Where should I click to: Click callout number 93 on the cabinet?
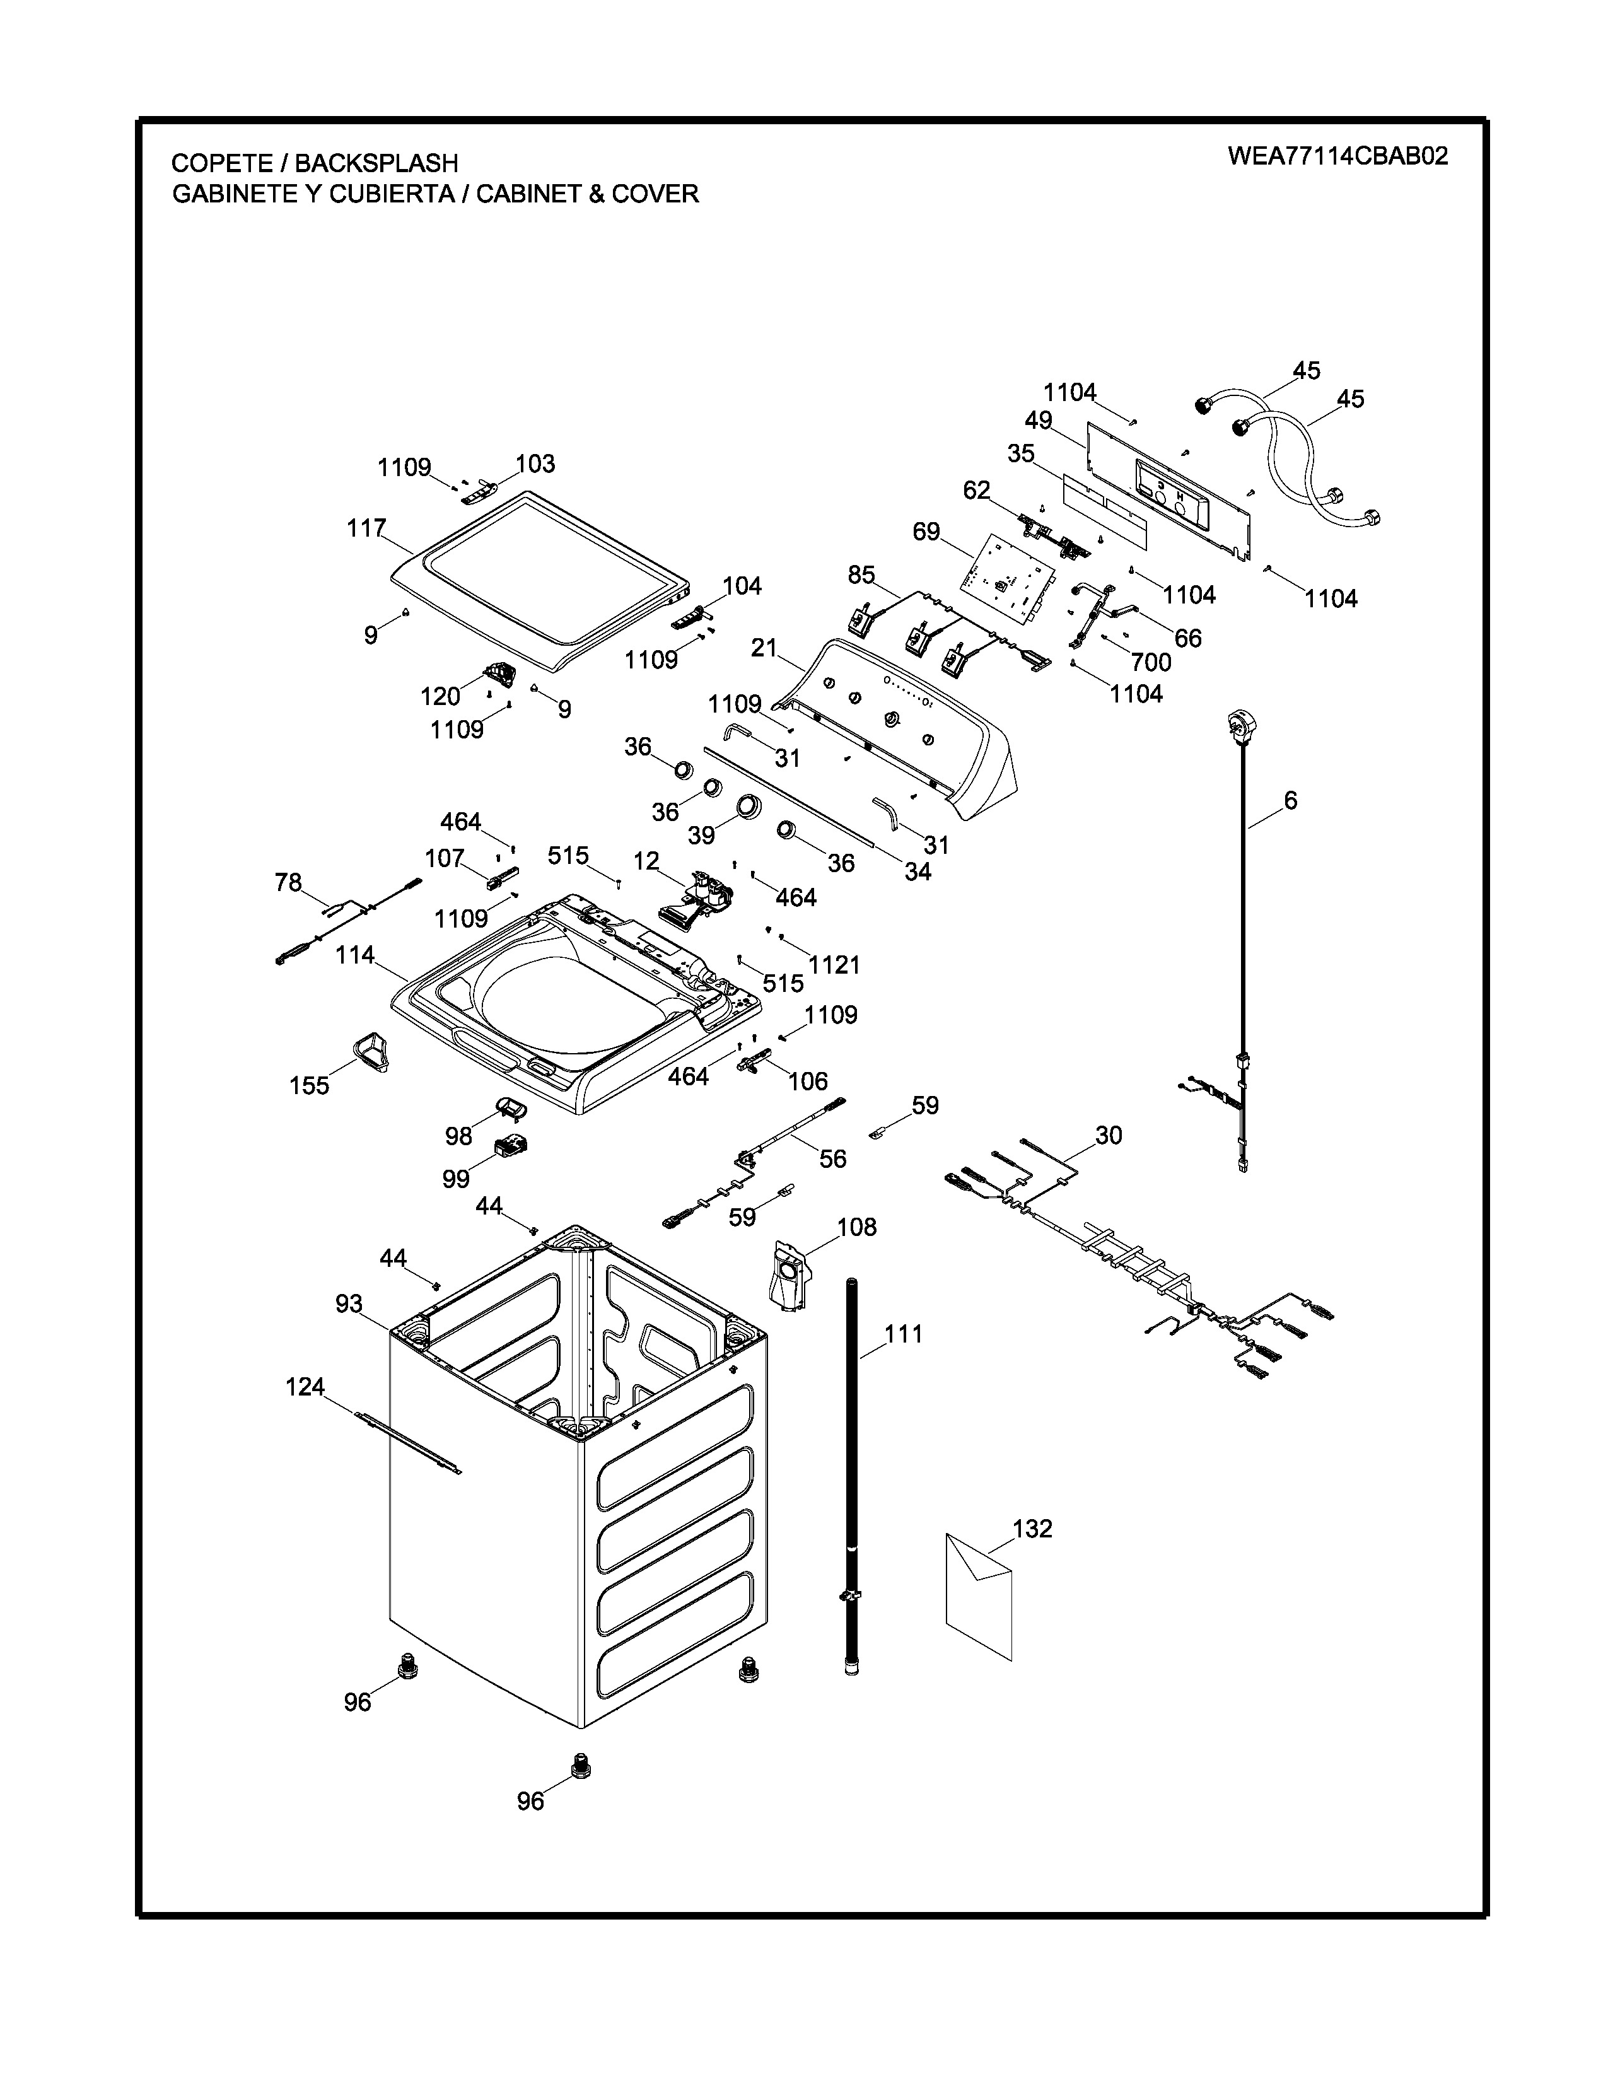(x=349, y=1303)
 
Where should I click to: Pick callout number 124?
(x=306, y=1387)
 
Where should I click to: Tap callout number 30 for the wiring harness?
(x=1109, y=1135)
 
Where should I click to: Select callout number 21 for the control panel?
(x=764, y=648)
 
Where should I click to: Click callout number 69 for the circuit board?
(x=926, y=532)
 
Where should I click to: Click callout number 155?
(x=310, y=1085)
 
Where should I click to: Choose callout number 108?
(x=856, y=1227)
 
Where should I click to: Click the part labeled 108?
(x=789, y=1275)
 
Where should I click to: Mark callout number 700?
(x=1151, y=662)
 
